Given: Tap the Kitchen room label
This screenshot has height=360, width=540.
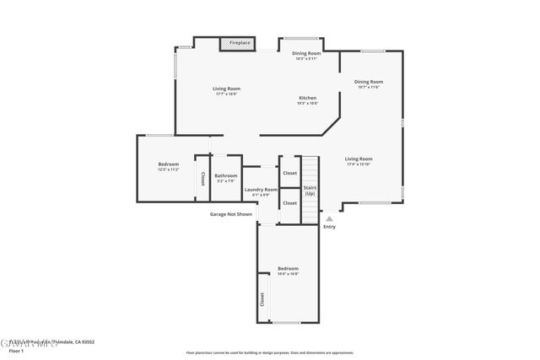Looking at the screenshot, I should click(308, 100).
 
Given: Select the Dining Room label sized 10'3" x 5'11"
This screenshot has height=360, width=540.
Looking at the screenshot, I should click(300, 56).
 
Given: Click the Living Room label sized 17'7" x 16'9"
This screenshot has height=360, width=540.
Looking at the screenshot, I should click(225, 90).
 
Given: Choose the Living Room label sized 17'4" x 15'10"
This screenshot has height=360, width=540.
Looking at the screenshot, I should click(359, 161).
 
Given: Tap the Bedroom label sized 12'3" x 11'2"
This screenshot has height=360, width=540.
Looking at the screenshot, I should click(169, 166).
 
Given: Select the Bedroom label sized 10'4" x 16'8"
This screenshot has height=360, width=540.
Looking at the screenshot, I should click(289, 271).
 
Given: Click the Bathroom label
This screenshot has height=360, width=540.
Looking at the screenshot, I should click(225, 178).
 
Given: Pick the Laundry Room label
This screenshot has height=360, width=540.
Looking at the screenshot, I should click(261, 191).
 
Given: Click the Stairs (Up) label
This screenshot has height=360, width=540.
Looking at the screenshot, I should click(310, 190).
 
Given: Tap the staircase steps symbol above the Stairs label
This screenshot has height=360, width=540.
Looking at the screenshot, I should click(310, 169).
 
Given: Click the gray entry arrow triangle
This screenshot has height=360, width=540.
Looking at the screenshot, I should click(329, 218).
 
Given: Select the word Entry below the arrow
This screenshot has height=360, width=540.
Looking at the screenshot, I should click(329, 226).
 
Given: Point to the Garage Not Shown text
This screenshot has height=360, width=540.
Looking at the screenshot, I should click(231, 214).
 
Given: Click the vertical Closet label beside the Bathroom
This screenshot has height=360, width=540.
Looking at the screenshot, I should click(202, 179).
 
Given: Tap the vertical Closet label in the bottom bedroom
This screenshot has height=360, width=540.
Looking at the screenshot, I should click(262, 299).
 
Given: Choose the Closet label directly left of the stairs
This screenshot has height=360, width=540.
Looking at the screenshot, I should click(289, 173).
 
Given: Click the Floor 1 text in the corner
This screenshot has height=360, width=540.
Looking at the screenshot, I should click(15, 351).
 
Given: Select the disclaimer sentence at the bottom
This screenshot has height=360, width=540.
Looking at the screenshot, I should click(270, 352).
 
